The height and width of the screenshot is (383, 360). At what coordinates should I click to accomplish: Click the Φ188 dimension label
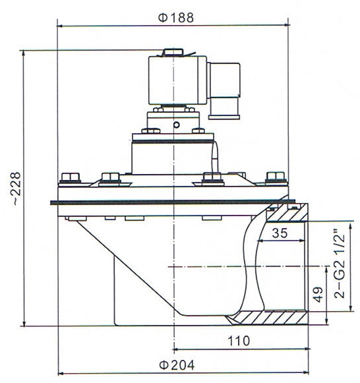click(176, 18)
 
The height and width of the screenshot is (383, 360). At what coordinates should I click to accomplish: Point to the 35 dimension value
click(279, 233)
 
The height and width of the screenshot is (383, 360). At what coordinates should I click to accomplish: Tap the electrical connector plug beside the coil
click(226, 89)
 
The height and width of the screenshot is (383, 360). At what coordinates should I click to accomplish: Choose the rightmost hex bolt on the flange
click(272, 177)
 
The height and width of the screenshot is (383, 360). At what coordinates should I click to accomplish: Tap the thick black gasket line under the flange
click(171, 202)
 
